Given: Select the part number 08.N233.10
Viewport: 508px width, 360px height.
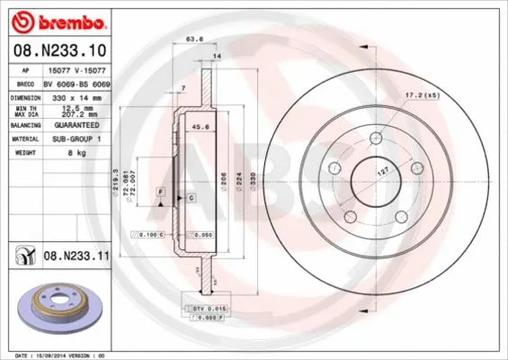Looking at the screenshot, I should (x=60, y=51).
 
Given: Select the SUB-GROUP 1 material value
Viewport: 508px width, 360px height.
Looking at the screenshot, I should (x=78, y=139).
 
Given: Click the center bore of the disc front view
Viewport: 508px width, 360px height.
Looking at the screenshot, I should (x=374, y=176).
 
